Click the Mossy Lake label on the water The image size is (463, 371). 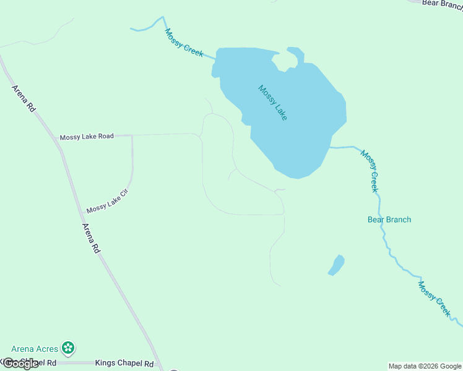273,103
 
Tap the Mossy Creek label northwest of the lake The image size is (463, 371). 184,43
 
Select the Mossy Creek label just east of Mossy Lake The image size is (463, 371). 370,171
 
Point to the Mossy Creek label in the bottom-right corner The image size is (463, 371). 435,299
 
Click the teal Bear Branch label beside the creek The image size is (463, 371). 389,220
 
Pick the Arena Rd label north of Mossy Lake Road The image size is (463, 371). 24,98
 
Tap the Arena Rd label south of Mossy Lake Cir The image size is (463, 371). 90,238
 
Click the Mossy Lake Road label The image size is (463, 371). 87,136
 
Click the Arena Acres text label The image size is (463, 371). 35,349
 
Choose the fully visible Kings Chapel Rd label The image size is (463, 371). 124,364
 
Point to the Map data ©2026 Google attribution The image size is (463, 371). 425,366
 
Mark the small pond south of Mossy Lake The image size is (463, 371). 336,265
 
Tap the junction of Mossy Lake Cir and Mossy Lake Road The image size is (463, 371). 132,135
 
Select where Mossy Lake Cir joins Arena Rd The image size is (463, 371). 83,212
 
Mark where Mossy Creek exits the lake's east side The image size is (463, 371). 330,147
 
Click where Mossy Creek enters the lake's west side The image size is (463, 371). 215,59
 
